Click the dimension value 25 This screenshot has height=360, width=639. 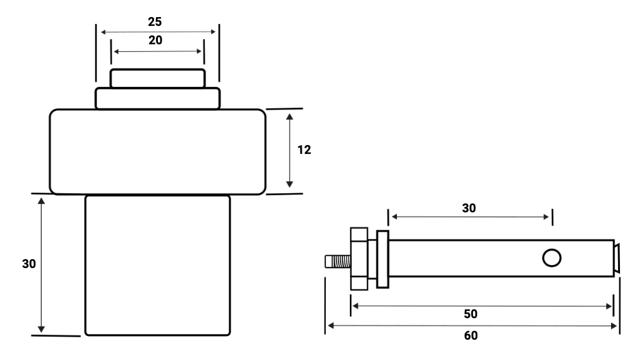point(155,22)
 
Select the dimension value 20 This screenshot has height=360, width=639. point(155,40)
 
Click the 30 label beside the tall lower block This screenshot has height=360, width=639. point(29,264)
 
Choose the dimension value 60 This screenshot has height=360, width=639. point(470,335)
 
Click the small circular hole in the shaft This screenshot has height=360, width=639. point(552,258)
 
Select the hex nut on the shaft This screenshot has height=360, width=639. point(359,258)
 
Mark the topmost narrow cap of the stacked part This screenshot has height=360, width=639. point(158,78)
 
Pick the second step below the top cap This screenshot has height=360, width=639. point(158,98)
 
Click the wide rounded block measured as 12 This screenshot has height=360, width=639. point(157,151)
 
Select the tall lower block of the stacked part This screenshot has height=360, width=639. point(158,265)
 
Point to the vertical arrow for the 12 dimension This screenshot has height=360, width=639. point(290,151)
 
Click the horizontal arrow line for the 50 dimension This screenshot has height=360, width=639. point(482,305)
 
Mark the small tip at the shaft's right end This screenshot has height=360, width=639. point(617,258)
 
